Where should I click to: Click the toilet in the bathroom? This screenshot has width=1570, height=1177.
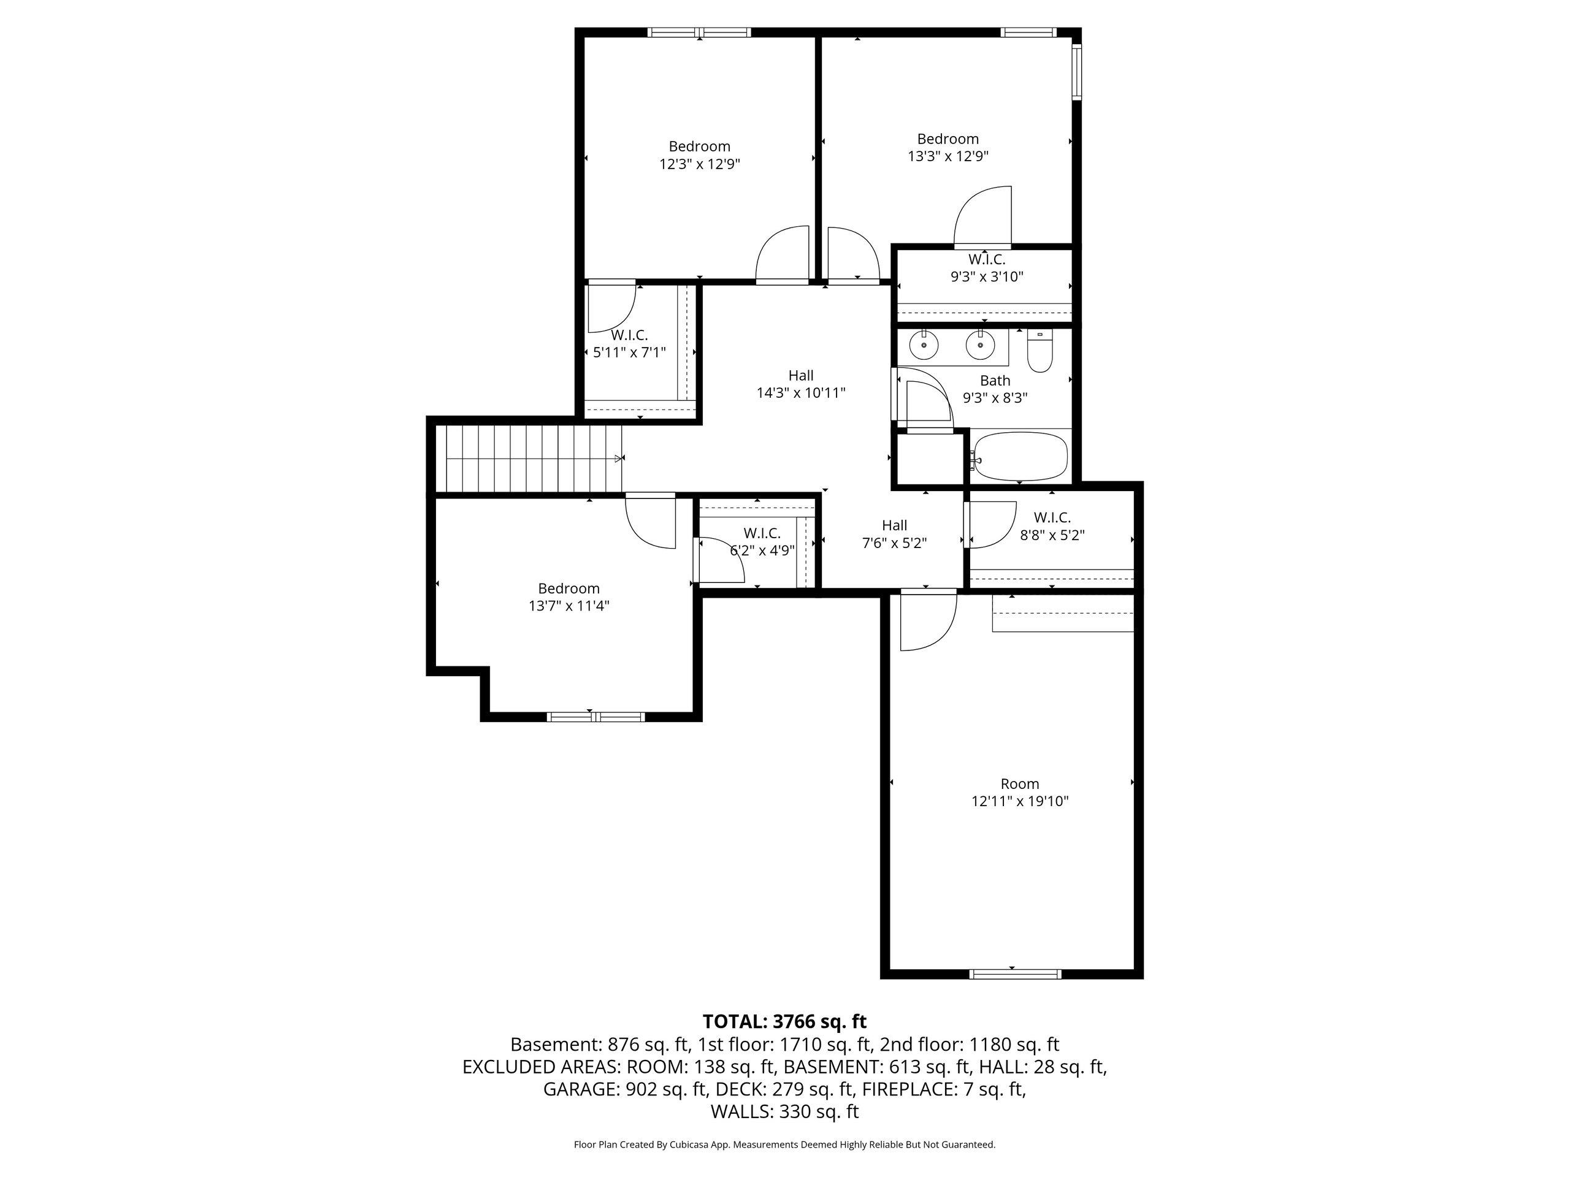tap(1040, 352)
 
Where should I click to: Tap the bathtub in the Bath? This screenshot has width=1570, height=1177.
tap(1020, 457)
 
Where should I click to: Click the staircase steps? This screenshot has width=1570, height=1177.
tap(529, 459)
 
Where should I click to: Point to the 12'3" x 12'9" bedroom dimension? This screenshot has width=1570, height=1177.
tap(700, 164)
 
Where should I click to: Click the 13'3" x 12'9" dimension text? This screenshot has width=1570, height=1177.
tap(948, 157)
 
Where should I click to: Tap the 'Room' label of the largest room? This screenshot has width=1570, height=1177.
tap(1020, 784)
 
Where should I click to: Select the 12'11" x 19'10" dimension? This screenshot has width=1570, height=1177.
tap(1020, 802)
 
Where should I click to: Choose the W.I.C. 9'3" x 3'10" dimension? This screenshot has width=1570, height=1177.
tap(987, 276)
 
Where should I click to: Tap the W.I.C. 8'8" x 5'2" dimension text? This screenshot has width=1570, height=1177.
tap(1052, 536)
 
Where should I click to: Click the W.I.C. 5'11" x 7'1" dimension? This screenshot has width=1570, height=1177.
tap(630, 352)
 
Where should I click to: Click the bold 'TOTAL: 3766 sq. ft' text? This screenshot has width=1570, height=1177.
tap(785, 1022)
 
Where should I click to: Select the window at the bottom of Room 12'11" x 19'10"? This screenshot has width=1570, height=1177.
tap(1016, 974)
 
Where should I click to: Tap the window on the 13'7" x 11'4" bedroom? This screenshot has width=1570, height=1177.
tap(596, 717)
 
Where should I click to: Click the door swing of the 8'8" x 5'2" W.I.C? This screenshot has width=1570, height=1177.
tap(992, 525)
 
